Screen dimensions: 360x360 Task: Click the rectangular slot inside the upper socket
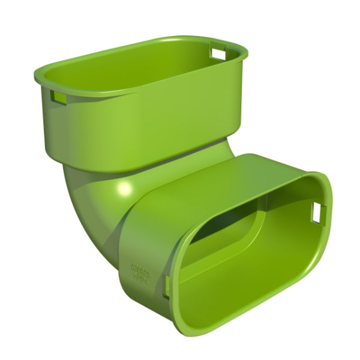(218, 53)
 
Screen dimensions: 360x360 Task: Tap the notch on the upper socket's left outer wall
(58, 97)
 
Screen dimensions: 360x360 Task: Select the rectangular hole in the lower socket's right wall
(317, 212)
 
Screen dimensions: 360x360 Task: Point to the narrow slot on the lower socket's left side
(166, 287)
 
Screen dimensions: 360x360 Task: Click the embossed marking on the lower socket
(142, 273)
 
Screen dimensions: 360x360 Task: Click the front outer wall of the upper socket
(138, 129)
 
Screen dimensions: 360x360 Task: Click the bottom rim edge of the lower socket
(240, 330)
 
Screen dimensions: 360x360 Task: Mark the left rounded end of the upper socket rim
(40, 76)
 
